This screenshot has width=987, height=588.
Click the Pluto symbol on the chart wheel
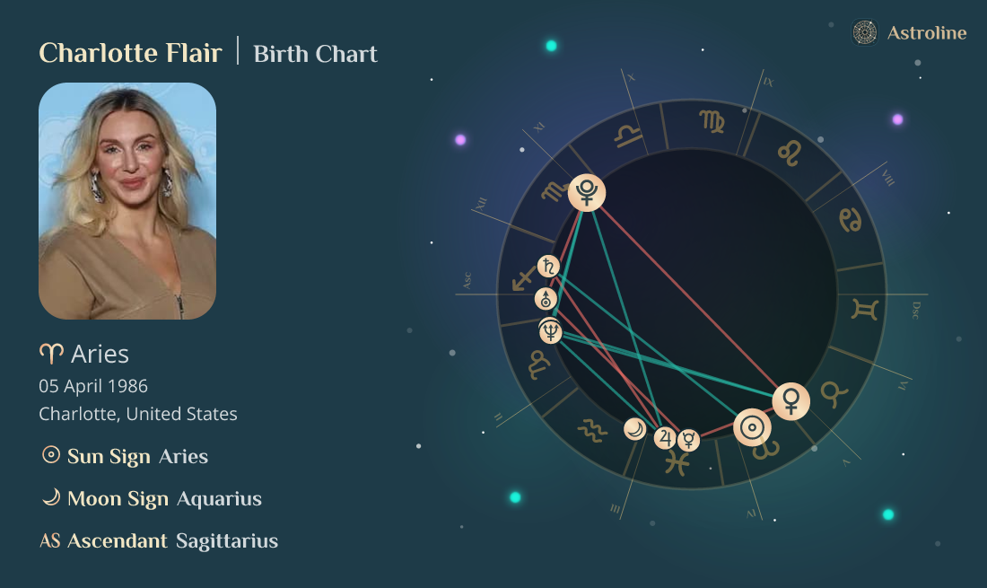coord(587,192)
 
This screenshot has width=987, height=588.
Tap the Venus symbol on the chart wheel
coord(790,400)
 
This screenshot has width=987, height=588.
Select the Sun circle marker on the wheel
coord(752,427)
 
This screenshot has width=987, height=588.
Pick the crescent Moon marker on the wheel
coord(635,429)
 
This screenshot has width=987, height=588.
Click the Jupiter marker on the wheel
coord(665,437)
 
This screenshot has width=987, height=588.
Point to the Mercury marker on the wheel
coord(688,439)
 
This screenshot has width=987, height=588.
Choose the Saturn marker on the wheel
coord(548,266)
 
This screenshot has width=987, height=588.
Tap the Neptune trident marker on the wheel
coord(550,332)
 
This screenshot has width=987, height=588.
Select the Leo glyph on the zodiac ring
coord(790,154)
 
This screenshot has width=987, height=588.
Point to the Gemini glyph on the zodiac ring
coord(865,310)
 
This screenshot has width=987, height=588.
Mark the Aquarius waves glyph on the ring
coord(592,431)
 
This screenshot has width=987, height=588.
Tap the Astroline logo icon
coord(864,33)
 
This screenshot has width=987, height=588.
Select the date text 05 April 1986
coord(93,386)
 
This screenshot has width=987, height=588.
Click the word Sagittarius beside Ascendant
coord(227,541)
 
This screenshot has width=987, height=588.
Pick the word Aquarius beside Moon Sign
coord(219,499)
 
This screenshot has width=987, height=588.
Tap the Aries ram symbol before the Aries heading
coord(51,355)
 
